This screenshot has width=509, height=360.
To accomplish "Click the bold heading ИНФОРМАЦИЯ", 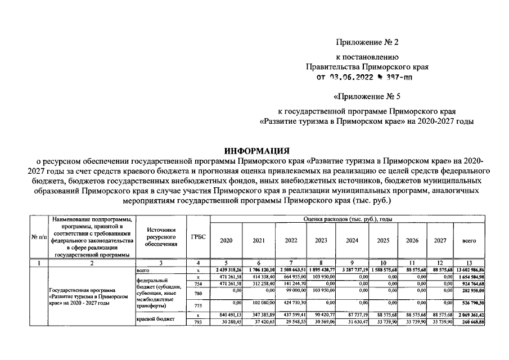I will (x=256, y=151).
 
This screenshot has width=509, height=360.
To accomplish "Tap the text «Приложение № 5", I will (x=367, y=95).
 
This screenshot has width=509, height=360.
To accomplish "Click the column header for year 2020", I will (x=226, y=240).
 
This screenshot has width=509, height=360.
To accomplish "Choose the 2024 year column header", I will (x=352, y=240).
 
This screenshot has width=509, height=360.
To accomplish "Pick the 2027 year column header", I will (x=440, y=240).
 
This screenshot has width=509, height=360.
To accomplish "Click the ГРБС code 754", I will (x=198, y=285).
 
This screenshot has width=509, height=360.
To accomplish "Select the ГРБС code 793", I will (x=198, y=322).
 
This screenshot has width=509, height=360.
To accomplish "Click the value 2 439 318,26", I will (x=226, y=270).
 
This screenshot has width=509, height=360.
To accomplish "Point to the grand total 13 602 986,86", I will (x=469, y=270).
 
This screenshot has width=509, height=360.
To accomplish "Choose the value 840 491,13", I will (x=226, y=315).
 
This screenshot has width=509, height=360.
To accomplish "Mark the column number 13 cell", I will (x=469, y=263).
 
